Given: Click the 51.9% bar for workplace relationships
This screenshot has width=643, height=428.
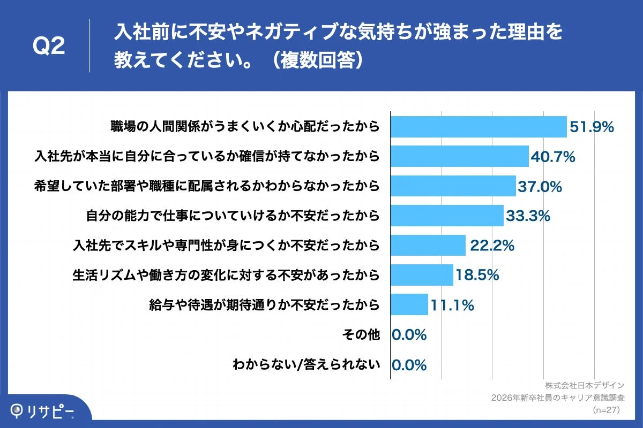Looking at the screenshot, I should (478, 127).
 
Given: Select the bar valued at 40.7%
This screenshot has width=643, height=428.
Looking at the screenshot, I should (460, 156).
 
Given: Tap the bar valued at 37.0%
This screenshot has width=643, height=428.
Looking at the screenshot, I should (453, 186).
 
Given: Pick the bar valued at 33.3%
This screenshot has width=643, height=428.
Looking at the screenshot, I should (447, 216).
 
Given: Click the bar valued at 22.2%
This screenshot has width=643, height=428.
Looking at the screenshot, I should (428, 245).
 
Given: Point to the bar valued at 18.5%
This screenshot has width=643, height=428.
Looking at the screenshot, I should (422, 275).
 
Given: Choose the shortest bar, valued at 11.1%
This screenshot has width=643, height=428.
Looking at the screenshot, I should (409, 304).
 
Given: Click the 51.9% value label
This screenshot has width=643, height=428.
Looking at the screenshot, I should (592, 127).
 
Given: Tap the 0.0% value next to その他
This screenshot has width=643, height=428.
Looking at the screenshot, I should (409, 335).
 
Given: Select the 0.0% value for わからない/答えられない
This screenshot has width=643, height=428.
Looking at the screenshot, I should (409, 365).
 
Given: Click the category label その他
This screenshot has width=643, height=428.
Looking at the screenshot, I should (361, 335).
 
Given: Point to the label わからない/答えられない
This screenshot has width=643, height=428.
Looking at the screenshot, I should (306, 365).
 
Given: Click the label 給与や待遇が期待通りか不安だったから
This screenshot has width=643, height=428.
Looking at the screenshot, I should (265, 305).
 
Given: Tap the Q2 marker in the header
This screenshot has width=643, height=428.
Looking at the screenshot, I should (49, 47).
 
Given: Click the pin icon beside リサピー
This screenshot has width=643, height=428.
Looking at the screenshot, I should (18, 410).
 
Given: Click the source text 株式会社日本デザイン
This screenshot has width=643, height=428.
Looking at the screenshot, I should (585, 385).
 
